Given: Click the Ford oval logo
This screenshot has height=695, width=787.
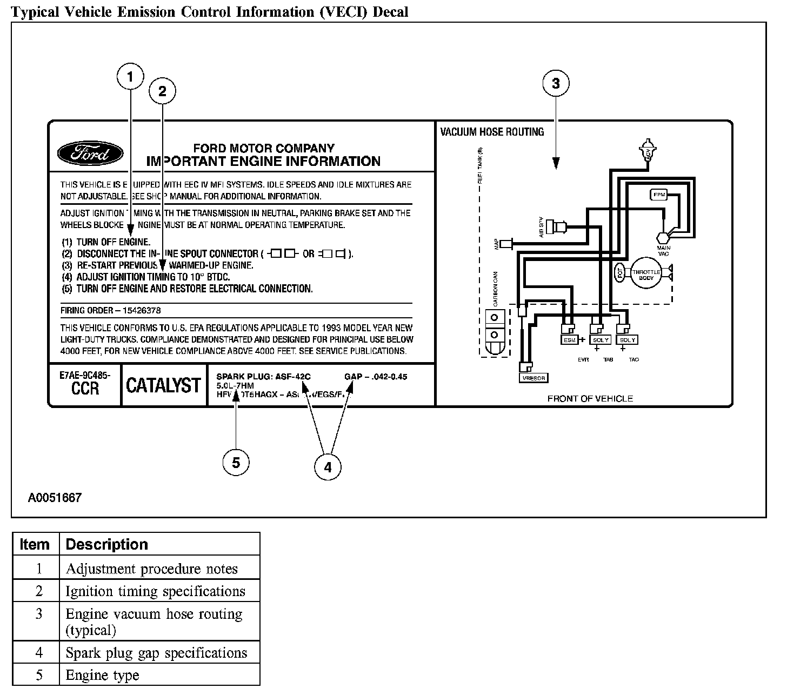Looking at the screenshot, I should tap(90, 154).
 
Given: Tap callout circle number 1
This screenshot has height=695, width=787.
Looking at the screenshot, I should tap(130, 77).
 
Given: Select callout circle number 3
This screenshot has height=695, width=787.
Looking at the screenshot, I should tap(556, 83).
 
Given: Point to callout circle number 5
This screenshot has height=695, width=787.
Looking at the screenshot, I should tap(236, 463).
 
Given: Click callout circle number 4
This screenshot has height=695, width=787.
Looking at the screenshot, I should tap(328, 467).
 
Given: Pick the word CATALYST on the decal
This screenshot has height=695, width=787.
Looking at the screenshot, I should tap(163, 385).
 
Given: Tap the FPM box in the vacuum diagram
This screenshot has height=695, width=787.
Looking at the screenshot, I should tap(658, 195).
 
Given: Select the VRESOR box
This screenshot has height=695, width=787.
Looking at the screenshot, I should tap(533, 378).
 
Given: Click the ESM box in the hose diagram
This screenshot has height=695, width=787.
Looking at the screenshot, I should tap(570, 340).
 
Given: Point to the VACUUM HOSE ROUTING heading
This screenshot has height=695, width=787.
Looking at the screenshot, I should tap(492, 132).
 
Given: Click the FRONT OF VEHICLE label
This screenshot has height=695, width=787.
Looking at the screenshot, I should tap(590, 399).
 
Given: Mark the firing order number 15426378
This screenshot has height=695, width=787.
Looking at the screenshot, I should tap(142, 311).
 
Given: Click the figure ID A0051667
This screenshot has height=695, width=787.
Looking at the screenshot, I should tap(55, 497).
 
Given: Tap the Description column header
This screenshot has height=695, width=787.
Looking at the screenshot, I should tap(106, 544).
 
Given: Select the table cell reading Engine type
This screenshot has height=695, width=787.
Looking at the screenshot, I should tap(102, 675).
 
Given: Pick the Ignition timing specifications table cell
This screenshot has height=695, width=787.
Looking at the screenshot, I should tap(155, 591).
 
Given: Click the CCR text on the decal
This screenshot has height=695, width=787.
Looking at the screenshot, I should tap(85, 389).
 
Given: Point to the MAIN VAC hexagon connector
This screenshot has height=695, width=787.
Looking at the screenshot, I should tap(663, 237).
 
